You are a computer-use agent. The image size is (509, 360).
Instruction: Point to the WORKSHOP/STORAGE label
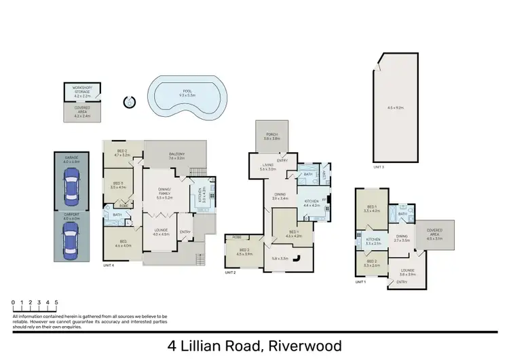point(81,89)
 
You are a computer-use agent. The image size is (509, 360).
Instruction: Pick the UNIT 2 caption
point(230,272)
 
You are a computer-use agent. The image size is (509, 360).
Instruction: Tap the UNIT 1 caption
point(360,281)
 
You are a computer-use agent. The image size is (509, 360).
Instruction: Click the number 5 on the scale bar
point(56,302)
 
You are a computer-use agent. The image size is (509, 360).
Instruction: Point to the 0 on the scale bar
point(14,302)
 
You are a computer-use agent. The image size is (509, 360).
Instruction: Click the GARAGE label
point(72,158)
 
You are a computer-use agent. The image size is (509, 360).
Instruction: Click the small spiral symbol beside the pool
point(130,103)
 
